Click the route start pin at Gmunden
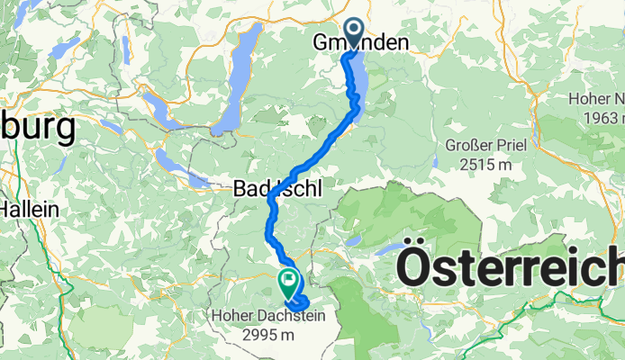(x=352, y=33)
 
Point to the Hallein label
(x=30, y=208)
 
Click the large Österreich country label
(x=510, y=267)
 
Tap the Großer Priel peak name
(x=485, y=145)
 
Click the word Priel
(x=508, y=145)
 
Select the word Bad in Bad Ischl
(x=248, y=187)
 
